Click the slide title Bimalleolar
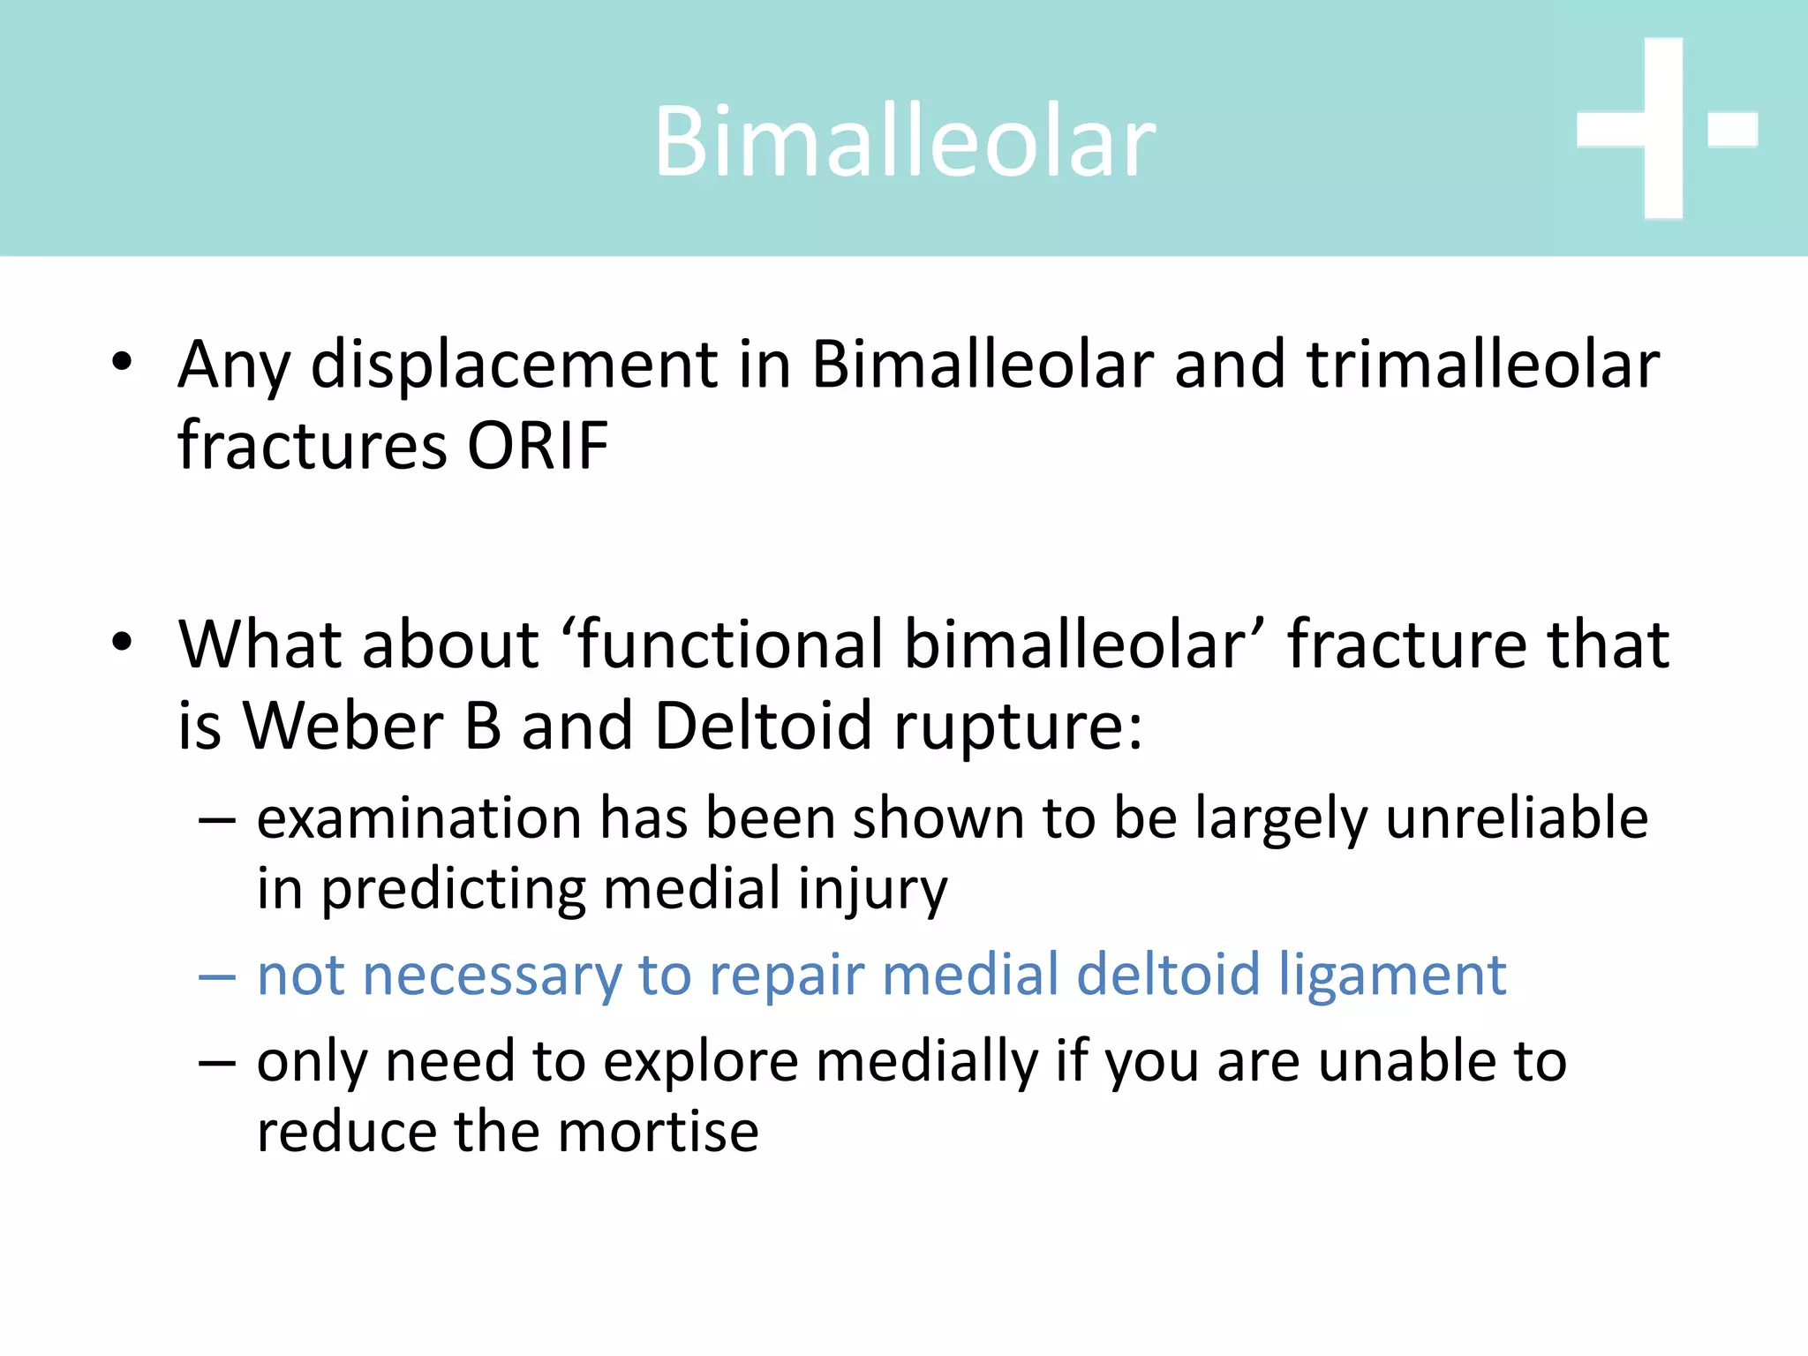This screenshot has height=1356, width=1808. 904,141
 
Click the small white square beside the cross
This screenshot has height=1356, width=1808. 1733,129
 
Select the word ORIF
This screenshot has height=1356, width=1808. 537,445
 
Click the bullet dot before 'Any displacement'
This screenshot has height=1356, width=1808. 122,362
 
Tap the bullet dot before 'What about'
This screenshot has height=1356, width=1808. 122,642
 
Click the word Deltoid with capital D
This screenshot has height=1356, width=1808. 764,726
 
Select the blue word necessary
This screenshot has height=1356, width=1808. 492,976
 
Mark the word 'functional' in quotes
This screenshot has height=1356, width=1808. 734,644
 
